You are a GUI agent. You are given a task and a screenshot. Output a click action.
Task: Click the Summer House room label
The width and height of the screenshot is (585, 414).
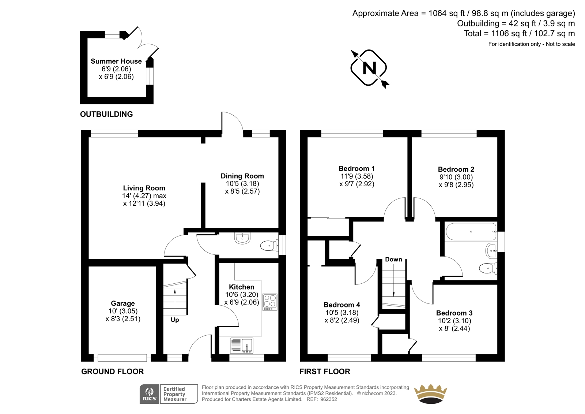[116, 61]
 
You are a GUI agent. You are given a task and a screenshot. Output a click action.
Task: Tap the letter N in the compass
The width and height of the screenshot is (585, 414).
[369, 68]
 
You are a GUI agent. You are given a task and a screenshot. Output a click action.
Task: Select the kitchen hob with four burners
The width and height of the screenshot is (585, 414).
[270, 302]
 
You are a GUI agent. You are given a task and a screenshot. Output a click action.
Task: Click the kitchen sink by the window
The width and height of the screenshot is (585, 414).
[242, 346]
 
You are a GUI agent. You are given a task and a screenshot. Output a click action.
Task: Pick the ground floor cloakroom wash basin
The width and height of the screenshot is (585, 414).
[243, 238]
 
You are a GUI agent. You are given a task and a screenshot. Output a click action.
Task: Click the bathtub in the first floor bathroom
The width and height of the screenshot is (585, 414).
[471, 231]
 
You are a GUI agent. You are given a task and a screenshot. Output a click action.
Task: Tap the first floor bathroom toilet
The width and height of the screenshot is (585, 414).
[488, 268]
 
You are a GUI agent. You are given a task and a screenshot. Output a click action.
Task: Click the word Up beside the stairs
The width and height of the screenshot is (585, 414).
[175, 320]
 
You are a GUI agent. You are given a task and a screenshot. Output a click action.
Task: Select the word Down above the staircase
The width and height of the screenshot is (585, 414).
[393, 260]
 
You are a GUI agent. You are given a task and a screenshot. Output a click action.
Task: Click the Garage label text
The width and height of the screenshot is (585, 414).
[123, 303]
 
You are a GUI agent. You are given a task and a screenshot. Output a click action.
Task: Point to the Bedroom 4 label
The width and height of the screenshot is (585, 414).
[342, 305]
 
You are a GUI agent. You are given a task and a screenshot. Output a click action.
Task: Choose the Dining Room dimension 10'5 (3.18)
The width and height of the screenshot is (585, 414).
[242, 184]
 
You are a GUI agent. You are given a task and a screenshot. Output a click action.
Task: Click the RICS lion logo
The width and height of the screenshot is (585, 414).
[150, 394]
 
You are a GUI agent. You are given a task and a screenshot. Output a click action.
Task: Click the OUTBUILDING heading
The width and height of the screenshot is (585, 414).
[106, 114]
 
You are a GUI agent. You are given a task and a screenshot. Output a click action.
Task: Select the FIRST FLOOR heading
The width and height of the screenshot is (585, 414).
[325, 372]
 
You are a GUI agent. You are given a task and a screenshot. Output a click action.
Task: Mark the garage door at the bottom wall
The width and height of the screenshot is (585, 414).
[122, 358]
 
